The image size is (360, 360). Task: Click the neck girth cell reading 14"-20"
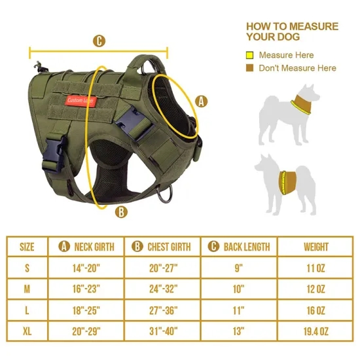coord(87,268)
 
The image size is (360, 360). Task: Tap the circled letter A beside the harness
coord(201,101)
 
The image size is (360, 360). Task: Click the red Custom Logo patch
coord(81,100)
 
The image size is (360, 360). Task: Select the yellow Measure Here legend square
coord(250,56)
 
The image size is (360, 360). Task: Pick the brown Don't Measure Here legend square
coord(250,68)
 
